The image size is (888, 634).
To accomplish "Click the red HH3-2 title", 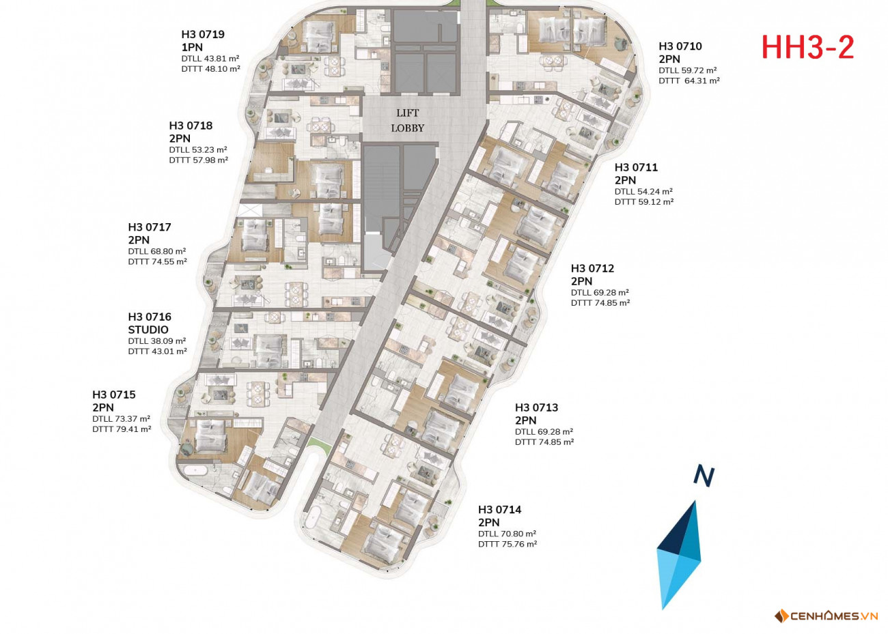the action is tap(807, 48).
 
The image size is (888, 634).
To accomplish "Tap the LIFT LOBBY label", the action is tap(408, 121).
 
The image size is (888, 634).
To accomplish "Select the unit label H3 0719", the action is tap(203, 34).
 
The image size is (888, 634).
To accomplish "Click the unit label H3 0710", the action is tap(680, 46).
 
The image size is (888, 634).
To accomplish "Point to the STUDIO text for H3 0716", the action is tap(148, 330).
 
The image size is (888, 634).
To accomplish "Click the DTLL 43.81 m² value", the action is tap(210, 59).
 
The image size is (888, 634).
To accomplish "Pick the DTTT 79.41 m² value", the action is tap(122, 429).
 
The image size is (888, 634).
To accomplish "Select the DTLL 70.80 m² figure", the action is tap(507, 534).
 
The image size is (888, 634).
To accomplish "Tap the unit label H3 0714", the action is tap(499, 510).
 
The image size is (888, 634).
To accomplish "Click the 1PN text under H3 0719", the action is tap(192, 48).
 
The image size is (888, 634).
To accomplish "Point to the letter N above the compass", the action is tap(704, 476).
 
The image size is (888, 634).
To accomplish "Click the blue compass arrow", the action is tap(679, 554).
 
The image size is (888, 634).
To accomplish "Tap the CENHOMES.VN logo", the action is tap(826, 616).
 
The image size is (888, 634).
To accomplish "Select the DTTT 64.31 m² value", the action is tap(689, 81).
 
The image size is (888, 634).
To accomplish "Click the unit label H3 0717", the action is tap(150, 227).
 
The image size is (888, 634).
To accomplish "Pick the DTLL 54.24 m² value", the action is tap(643, 192).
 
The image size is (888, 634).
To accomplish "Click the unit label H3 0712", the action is tap(592, 268).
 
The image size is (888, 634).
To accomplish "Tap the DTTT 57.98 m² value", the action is tap(199, 160).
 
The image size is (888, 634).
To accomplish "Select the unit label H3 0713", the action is tap(536, 408).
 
